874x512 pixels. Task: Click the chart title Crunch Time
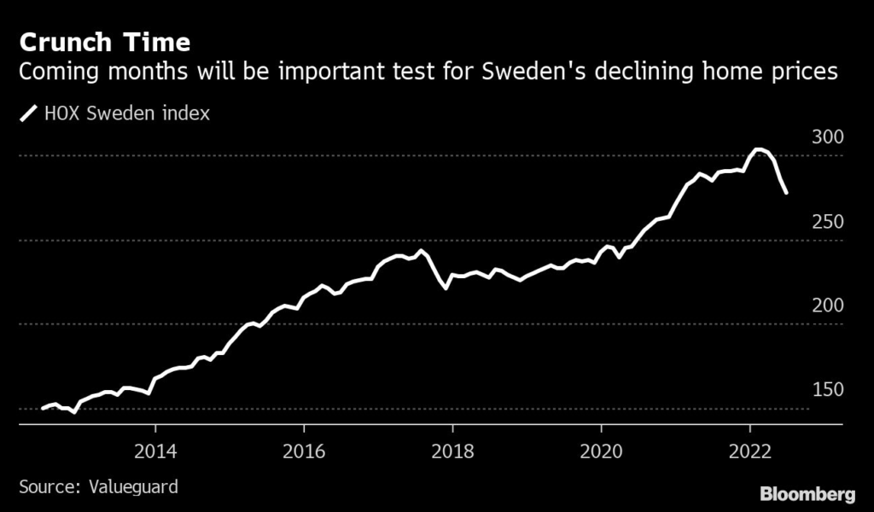tap(104, 42)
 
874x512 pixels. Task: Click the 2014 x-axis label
tap(155, 451)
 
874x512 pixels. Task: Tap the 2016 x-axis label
tap(304, 451)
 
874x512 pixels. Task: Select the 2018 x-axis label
tap(452, 451)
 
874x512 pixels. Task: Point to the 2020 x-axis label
tap(601, 451)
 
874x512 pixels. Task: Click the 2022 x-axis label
tap(749, 451)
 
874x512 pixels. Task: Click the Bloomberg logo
tap(807, 493)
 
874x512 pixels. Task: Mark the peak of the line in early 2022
tap(756, 149)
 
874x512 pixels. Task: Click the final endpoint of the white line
tap(786, 193)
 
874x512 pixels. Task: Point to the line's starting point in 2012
tap(43, 409)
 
